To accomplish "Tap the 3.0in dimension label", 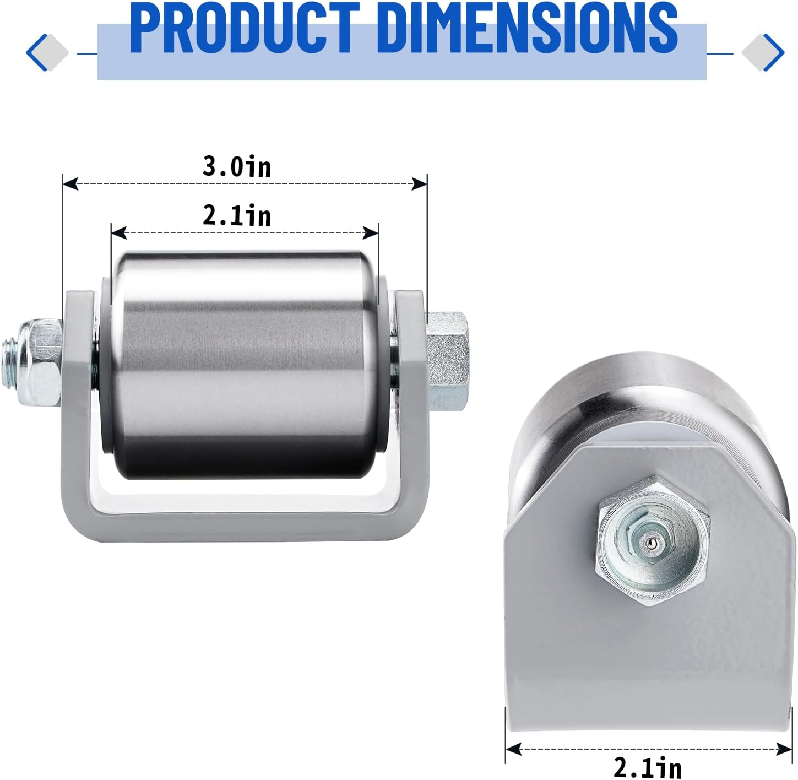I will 237,166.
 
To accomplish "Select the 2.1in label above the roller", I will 237,215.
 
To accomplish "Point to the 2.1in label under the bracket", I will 648,767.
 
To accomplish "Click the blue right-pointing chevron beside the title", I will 775,53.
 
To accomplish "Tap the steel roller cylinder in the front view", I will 242,364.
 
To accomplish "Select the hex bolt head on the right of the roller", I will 447,361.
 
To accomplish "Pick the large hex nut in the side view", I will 653,540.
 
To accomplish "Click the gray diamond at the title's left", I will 54,53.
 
